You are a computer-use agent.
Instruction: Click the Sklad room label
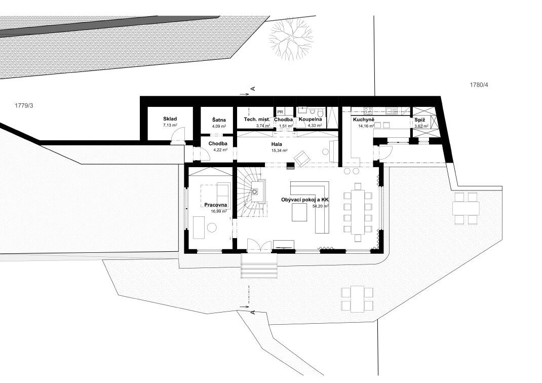tap(170, 119)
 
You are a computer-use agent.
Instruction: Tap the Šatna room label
tap(219, 120)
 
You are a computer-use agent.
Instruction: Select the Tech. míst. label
tap(257, 120)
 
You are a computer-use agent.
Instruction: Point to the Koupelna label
tap(311, 120)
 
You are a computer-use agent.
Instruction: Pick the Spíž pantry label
tap(420, 120)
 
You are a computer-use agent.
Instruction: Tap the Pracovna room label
tap(215, 205)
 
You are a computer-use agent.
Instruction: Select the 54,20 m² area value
tap(321, 206)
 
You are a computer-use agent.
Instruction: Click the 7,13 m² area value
tap(170, 125)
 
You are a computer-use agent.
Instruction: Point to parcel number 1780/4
tap(479, 85)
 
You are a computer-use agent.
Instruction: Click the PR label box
tap(280, 112)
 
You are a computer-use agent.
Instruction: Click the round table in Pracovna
tap(211, 227)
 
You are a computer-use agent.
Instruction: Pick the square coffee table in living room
tap(299, 212)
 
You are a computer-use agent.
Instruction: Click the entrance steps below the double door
tap(259, 266)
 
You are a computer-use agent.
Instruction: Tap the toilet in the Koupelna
tap(321, 113)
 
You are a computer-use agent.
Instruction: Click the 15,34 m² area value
tap(280, 150)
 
